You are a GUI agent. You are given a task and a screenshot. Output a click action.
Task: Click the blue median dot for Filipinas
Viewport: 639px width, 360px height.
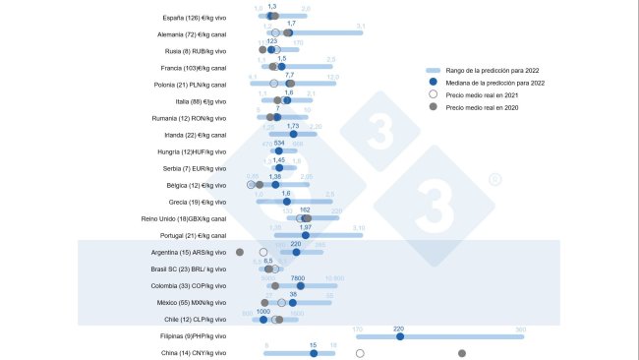399,336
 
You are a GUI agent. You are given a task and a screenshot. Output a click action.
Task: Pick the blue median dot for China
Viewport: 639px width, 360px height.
314,353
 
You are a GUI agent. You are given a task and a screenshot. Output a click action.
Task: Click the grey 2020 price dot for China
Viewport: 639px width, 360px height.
462,353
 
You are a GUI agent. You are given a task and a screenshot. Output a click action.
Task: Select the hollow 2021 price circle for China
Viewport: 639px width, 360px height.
360,353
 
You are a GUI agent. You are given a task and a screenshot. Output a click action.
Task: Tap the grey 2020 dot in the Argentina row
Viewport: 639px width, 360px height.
240,252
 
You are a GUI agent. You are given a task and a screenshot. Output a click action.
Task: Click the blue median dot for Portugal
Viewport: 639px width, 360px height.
306,235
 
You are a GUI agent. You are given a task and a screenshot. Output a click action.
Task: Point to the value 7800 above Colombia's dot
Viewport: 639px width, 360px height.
299,277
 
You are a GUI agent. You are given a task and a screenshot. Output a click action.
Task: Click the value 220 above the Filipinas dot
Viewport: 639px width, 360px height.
399,328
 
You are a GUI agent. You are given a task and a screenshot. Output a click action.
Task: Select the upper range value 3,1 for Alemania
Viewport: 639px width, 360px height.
361,26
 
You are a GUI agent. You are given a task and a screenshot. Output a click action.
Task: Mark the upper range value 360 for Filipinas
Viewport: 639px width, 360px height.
520,329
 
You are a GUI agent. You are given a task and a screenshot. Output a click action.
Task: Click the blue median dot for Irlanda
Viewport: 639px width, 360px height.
293,135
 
